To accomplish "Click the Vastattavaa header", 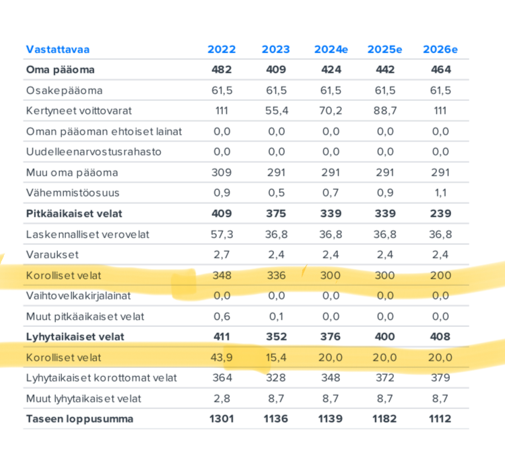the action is pyautogui.click(x=58, y=50).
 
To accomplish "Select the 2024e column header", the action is pyautogui.click(x=331, y=50).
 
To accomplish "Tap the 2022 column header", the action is pyautogui.click(x=222, y=50).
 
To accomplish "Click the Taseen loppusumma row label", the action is pyautogui.click(x=79, y=419).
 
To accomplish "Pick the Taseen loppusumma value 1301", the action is pyautogui.click(x=222, y=419).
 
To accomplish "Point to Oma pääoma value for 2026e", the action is pyautogui.click(x=441, y=70).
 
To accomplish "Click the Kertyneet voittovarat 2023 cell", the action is pyautogui.click(x=277, y=111).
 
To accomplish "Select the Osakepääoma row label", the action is pyautogui.click(x=65, y=91).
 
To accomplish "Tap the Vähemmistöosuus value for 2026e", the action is pyautogui.click(x=440, y=193).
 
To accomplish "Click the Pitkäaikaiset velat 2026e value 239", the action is pyautogui.click(x=440, y=214).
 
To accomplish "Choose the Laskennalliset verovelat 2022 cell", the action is pyautogui.click(x=222, y=235).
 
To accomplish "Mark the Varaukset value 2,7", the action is pyautogui.click(x=222, y=255).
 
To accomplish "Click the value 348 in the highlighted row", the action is pyautogui.click(x=222, y=275).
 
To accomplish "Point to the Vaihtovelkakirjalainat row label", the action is pyautogui.click(x=78, y=296).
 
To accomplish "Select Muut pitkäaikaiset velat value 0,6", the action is pyautogui.click(x=222, y=317).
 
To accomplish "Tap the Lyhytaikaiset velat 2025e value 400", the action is pyautogui.click(x=385, y=337).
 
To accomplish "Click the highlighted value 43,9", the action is pyautogui.click(x=222, y=357).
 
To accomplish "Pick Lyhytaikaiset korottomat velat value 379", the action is pyautogui.click(x=440, y=378).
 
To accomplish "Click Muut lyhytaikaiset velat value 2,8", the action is pyautogui.click(x=222, y=399).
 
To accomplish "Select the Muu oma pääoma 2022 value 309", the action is pyautogui.click(x=222, y=173).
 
